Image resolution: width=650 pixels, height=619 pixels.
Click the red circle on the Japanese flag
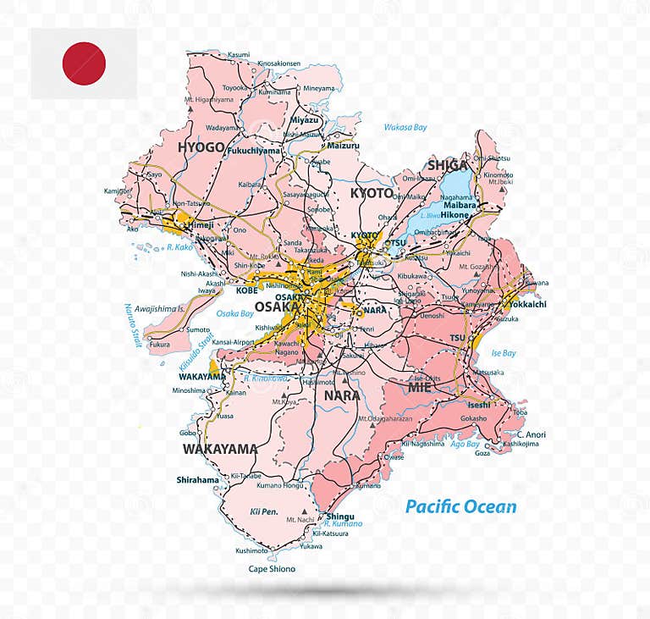pyautogui.click(x=84, y=64)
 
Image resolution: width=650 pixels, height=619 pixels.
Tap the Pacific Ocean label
pyautogui.click(x=460, y=507)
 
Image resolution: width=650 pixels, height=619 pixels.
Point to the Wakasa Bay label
pyautogui.click(x=405, y=127)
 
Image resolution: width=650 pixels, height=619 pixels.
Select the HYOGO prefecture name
pyautogui.click(x=201, y=147)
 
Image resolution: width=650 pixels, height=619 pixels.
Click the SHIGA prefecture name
pyautogui.click(x=449, y=165)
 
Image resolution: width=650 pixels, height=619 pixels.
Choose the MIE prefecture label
pyautogui.click(x=421, y=387)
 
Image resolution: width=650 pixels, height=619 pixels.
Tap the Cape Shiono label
pyautogui.click(x=272, y=569)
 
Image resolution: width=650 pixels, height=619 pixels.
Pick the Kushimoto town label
pyautogui.click(x=251, y=550)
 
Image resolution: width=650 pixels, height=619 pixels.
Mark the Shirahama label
pyautogui.click(x=197, y=479)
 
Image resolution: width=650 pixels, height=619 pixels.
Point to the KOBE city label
pyautogui.click(x=246, y=290)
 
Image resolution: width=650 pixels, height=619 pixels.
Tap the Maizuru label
pyautogui.click(x=343, y=146)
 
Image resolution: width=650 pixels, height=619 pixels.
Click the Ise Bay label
pyautogui.click(x=504, y=353)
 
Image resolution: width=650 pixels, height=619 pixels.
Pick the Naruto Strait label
pyautogui.click(x=135, y=325)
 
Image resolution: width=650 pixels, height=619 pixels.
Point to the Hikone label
pyautogui.click(x=454, y=215)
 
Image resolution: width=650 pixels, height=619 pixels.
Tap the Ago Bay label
pyautogui.click(x=465, y=444)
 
